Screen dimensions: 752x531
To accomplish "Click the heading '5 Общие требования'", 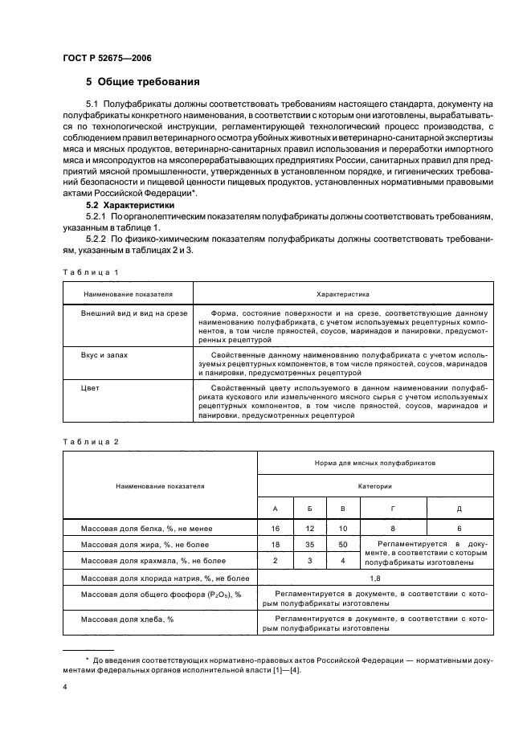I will tap(143, 82).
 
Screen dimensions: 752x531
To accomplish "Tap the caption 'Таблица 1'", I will tap(90, 272).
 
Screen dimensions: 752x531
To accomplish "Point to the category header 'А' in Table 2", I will tap(276, 509).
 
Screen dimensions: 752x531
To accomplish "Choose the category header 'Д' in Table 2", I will tap(459, 509).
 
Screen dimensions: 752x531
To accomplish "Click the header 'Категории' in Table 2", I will tap(374, 486).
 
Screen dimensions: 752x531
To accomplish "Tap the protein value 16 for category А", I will tap(276, 529).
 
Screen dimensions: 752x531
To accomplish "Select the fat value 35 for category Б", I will tap(309, 545).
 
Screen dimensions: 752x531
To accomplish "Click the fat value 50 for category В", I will tap(343, 545).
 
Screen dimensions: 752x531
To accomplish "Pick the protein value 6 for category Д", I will tap(459, 529).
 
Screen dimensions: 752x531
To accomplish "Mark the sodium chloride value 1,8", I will tap(374, 578).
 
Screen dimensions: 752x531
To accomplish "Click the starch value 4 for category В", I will tap(343, 560).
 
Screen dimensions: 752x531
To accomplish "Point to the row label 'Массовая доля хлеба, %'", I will tap(127, 619).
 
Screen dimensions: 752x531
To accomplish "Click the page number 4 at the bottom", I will tap(65, 688).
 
